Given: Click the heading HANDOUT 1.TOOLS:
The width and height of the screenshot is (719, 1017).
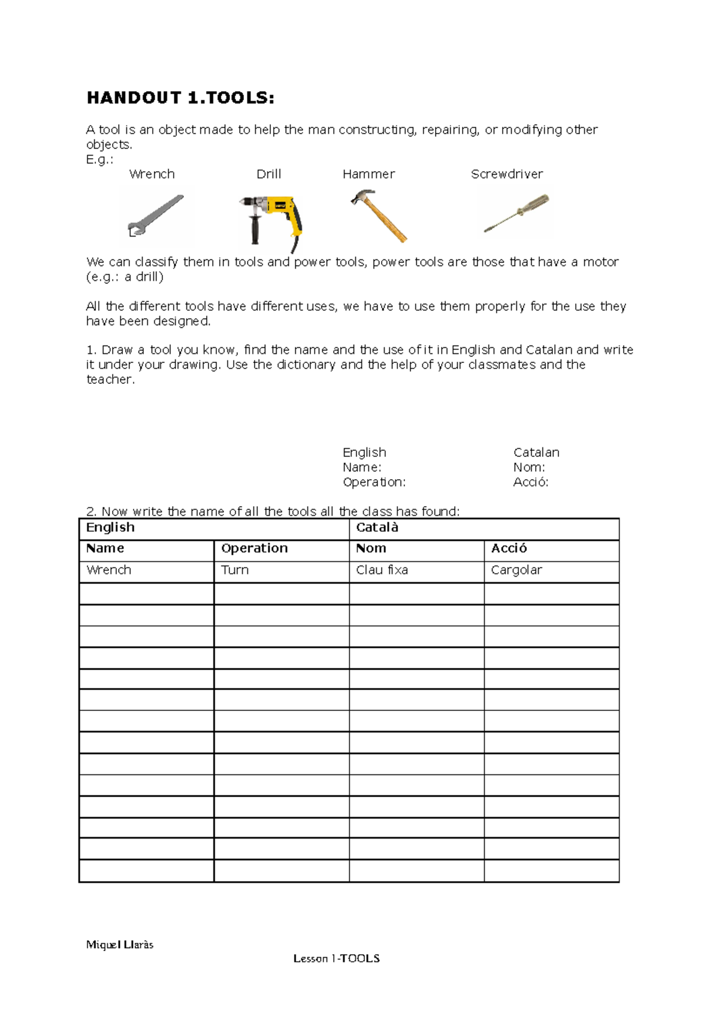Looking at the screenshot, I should (x=180, y=98).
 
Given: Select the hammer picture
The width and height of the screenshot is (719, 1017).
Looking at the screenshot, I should (x=379, y=216).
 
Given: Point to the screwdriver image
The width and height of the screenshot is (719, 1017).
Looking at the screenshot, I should (x=516, y=213).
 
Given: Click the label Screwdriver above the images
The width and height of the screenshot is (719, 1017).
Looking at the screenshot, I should (x=507, y=174).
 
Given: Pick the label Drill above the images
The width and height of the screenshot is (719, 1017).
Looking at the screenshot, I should (x=268, y=174).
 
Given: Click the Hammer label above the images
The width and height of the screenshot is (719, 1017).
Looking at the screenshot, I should (x=368, y=174).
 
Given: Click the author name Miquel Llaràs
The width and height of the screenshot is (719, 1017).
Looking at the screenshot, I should (x=120, y=945).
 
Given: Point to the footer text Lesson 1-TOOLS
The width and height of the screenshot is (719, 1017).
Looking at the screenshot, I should (x=336, y=958).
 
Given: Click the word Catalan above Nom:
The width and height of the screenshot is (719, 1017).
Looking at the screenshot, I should (x=536, y=453).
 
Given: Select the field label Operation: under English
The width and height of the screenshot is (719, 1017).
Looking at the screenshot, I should (x=374, y=482).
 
